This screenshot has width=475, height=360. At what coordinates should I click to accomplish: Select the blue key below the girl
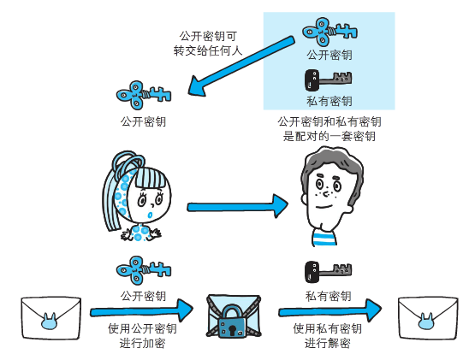[143, 271]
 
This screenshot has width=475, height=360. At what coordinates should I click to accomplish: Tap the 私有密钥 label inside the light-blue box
[329, 101]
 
